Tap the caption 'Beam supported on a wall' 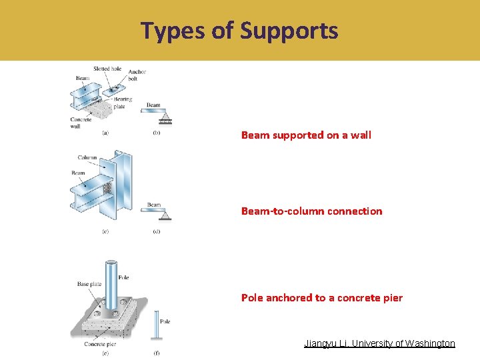point(306,135)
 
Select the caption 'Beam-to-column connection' point(311,211)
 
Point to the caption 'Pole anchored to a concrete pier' point(321,298)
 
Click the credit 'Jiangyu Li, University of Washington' point(379,343)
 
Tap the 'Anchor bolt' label point(137,75)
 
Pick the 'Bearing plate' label point(122,103)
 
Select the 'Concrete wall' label point(81,123)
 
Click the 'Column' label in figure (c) point(87,158)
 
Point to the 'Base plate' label point(89,284)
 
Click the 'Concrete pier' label point(100,344)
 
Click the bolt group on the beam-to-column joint point(107,189)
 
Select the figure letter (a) point(105,133)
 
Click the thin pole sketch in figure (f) point(155,327)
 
